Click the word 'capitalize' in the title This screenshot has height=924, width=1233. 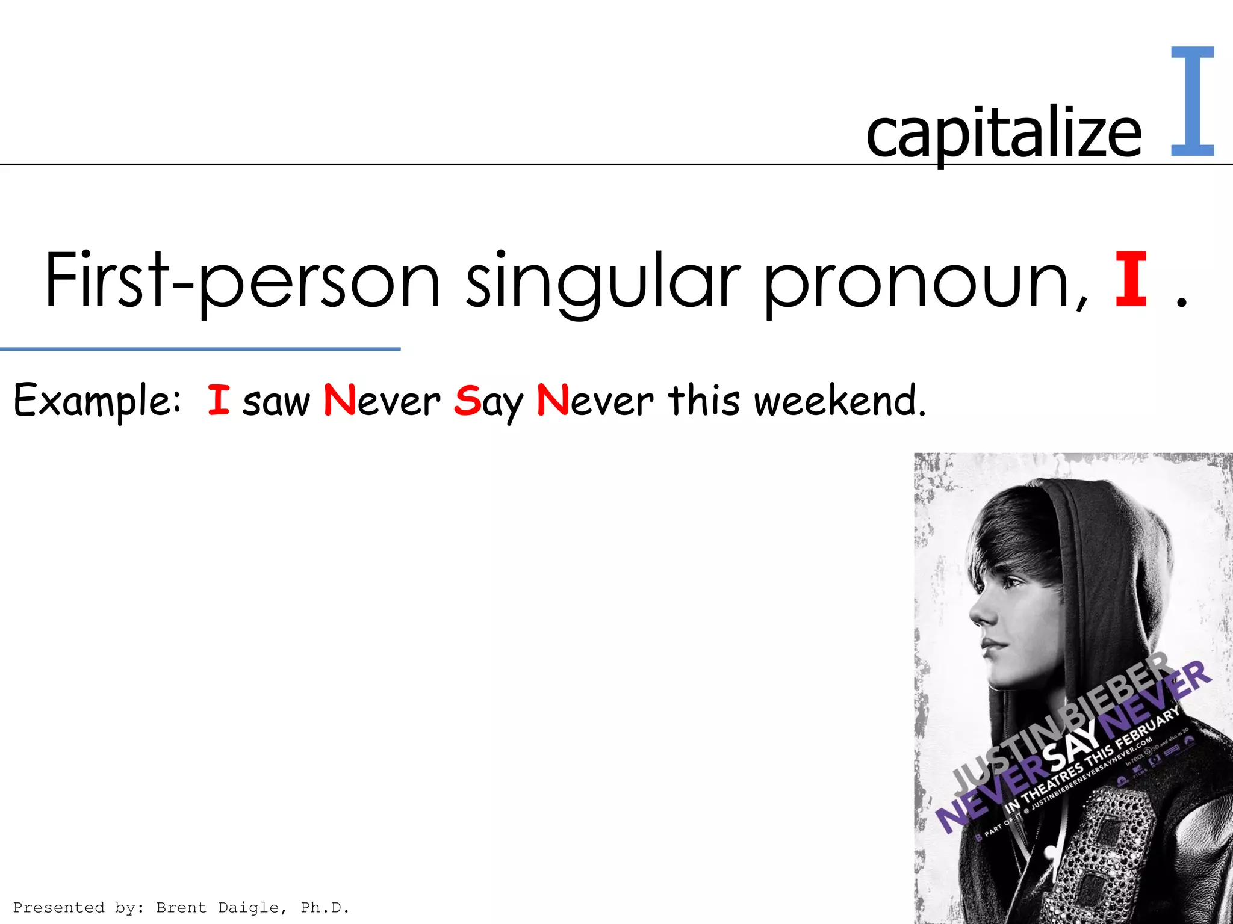pos(1003,134)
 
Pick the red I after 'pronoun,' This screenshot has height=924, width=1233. pos(1130,280)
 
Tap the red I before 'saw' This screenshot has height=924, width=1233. pos(219,399)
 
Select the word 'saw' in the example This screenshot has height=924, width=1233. pos(276,402)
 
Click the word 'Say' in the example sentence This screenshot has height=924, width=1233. pos(488,402)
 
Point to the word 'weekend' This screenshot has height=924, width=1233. pos(839,400)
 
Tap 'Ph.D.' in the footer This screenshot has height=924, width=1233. pos(325,907)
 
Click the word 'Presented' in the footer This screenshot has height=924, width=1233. pos(58,907)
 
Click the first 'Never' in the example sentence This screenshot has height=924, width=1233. pos(382,400)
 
